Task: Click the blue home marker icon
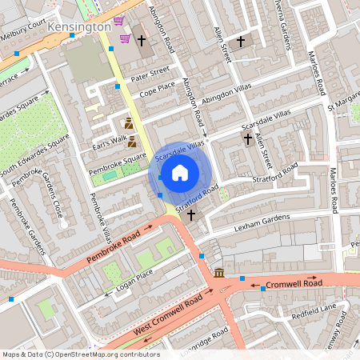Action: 180,172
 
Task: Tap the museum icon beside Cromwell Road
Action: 219,274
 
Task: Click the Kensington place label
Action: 78,27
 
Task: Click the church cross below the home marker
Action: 190,214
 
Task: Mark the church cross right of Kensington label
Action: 142,39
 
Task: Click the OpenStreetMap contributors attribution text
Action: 81,354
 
